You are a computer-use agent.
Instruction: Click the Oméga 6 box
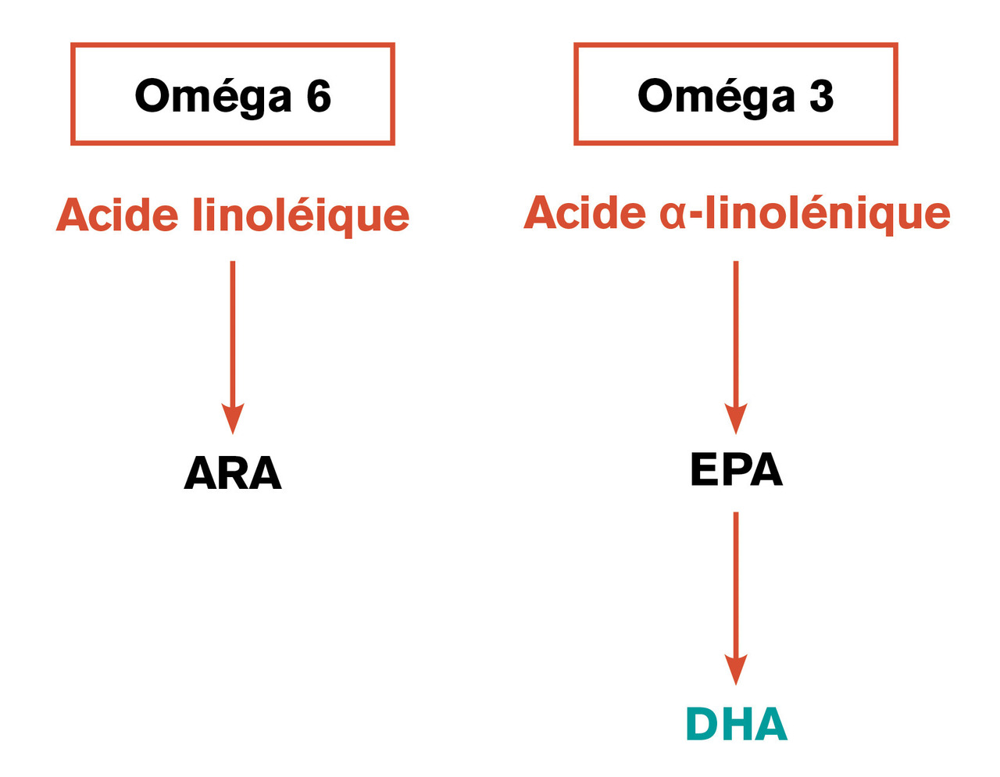(x=232, y=45)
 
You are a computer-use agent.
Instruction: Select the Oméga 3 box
(x=735, y=45)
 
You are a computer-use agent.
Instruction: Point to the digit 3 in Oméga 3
(x=821, y=95)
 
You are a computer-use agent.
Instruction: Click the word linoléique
(x=301, y=216)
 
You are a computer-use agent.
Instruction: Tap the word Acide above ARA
(x=117, y=215)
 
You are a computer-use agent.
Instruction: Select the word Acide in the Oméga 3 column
(x=584, y=212)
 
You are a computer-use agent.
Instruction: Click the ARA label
(x=232, y=473)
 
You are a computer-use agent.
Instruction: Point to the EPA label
(x=736, y=469)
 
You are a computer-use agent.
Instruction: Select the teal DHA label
(x=736, y=724)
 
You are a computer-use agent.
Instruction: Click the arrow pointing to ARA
(x=232, y=348)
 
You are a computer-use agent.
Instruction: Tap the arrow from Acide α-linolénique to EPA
(x=735, y=348)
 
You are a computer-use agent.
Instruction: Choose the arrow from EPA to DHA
(x=735, y=599)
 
